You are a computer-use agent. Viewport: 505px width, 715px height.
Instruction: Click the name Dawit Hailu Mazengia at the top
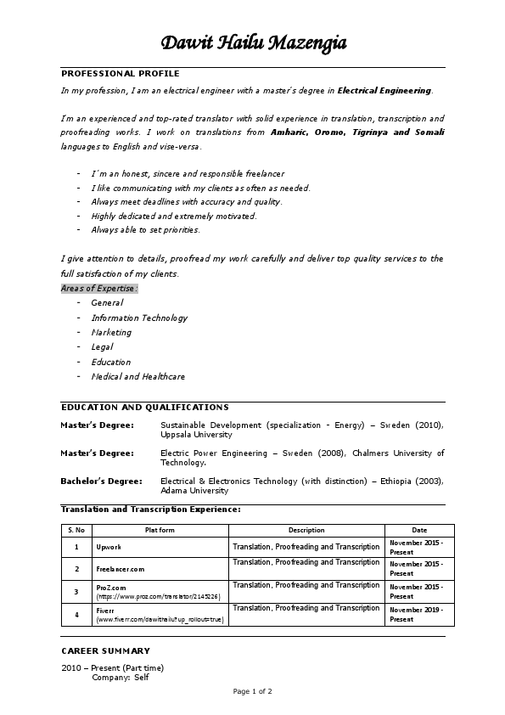pyautogui.click(x=253, y=43)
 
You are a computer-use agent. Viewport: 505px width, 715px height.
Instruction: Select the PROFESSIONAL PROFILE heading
pyautogui.click(x=120, y=74)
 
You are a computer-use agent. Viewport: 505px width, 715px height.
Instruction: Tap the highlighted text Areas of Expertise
pyautogui.click(x=98, y=288)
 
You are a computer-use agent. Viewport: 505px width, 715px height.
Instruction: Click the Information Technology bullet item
pyautogui.click(x=139, y=318)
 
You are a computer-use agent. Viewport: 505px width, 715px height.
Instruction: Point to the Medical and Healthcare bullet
pyautogui.click(x=137, y=376)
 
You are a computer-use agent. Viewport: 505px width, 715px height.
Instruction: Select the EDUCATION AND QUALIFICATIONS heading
pyautogui.click(x=144, y=408)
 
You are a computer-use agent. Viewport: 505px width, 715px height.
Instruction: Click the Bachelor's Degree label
pyautogui.click(x=101, y=481)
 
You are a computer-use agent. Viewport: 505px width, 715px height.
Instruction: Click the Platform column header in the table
pyautogui.click(x=160, y=530)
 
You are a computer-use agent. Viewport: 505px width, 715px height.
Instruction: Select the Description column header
pyautogui.click(x=306, y=530)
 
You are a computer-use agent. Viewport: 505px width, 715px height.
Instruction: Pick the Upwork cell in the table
pyautogui.click(x=109, y=547)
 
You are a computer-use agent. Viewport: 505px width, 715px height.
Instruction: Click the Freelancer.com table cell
pyautogui.click(x=121, y=568)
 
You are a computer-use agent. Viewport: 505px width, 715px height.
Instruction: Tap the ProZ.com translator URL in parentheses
pyautogui.click(x=159, y=597)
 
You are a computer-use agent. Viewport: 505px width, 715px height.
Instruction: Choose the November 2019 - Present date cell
pyautogui.click(x=416, y=614)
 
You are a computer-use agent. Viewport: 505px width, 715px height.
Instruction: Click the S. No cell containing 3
pyautogui.click(x=76, y=591)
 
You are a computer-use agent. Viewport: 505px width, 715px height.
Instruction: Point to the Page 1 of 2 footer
pyautogui.click(x=253, y=692)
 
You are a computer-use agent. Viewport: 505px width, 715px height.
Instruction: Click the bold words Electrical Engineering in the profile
pyautogui.click(x=384, y=89)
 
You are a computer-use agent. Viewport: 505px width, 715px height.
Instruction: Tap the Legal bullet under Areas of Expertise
pyautogui.click(x=102, y=346)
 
